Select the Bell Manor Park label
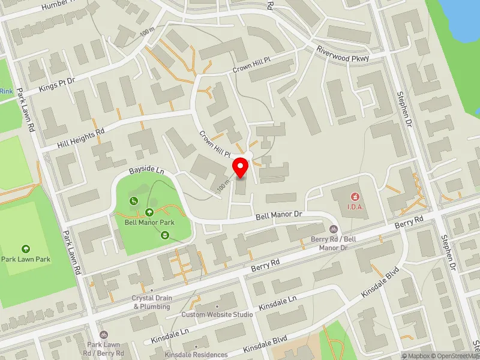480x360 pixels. [149, 222]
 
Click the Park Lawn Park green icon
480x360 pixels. [25, 248]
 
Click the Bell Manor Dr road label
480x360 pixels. [277, 215]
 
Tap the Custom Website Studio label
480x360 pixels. [217, 314]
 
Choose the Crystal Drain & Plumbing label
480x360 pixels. [152, 302]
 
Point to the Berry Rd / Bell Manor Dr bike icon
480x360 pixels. [334, 229]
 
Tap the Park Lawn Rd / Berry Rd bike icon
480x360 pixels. [104, 334]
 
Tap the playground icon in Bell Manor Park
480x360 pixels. [135, 201]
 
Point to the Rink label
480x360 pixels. [6, 91]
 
